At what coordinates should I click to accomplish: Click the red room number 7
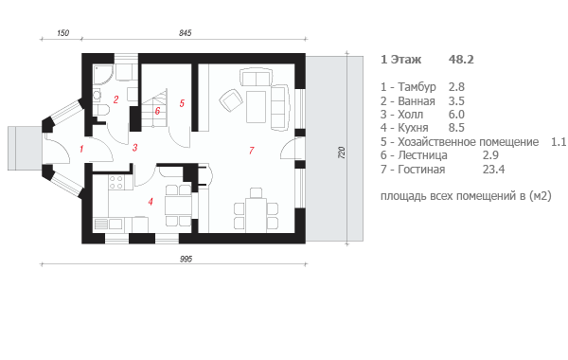pyautogui.click(x=252, y=150)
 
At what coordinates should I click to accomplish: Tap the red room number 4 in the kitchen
pyautogui.click(x=151, y=201)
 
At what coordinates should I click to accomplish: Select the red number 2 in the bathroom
pyautogui.click(x=115, y=99)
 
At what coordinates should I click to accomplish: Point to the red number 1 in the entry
pyautogui.click(x=81, y=149)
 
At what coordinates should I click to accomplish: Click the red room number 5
pyautogui.click(x=182, y=103)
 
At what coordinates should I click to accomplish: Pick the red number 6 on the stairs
pyautogui.click(x=157, y=111)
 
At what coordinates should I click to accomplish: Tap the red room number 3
pyautogui.click(x=134, y=148)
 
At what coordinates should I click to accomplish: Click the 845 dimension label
pyautogui.click(x=186, y=33)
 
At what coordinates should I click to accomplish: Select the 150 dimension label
pyautogui.click(x=63, y=33)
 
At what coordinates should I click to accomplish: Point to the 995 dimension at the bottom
pyautogui.click(x=186, y=259)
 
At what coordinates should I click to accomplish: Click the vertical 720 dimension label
pyautogui.click(x=341, y=153)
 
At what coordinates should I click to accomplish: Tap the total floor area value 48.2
pyautogui.click(x=461, y=59)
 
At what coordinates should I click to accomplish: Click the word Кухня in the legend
pyautogui.click(x=413, y=128)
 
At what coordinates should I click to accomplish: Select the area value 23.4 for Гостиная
pyautogui.click(x=493, y=169)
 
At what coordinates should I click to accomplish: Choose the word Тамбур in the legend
pyautogui.click(x=417, y=87)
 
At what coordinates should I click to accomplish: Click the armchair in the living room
pyautogui.click(x=230, y=99)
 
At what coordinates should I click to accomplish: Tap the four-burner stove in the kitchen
pyautogui.click(x=115, y=182)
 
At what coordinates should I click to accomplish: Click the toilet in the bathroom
pyautogui.click(x=101, y=110)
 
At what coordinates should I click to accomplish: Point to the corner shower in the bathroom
pyautogui.click(x=102, y=75)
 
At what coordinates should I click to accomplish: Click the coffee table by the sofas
pyautogui.click(x=257, y=107)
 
